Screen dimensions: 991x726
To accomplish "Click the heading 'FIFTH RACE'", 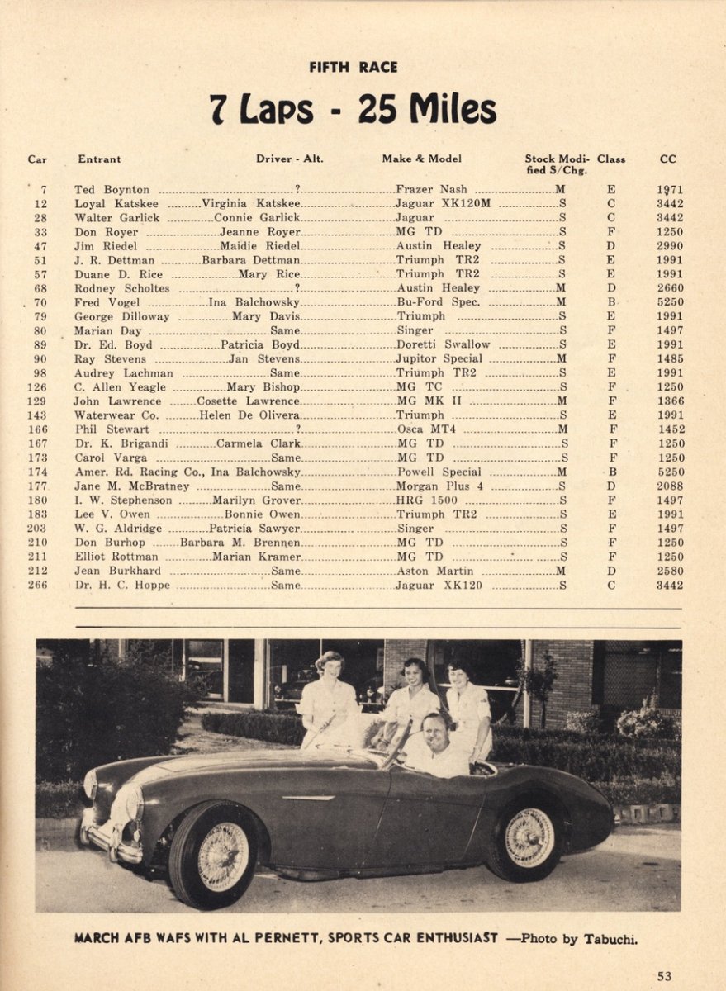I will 353,67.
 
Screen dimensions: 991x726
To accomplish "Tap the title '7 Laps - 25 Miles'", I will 353,109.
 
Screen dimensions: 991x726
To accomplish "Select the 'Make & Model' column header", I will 421,159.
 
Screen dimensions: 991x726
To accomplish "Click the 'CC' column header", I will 667,159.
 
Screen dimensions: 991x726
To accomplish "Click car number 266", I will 36,586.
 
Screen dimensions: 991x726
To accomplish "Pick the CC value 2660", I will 670,288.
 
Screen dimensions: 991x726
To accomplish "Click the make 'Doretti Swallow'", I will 444,344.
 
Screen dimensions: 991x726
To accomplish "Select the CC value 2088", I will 670,486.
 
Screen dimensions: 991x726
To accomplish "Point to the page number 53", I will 664,976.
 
